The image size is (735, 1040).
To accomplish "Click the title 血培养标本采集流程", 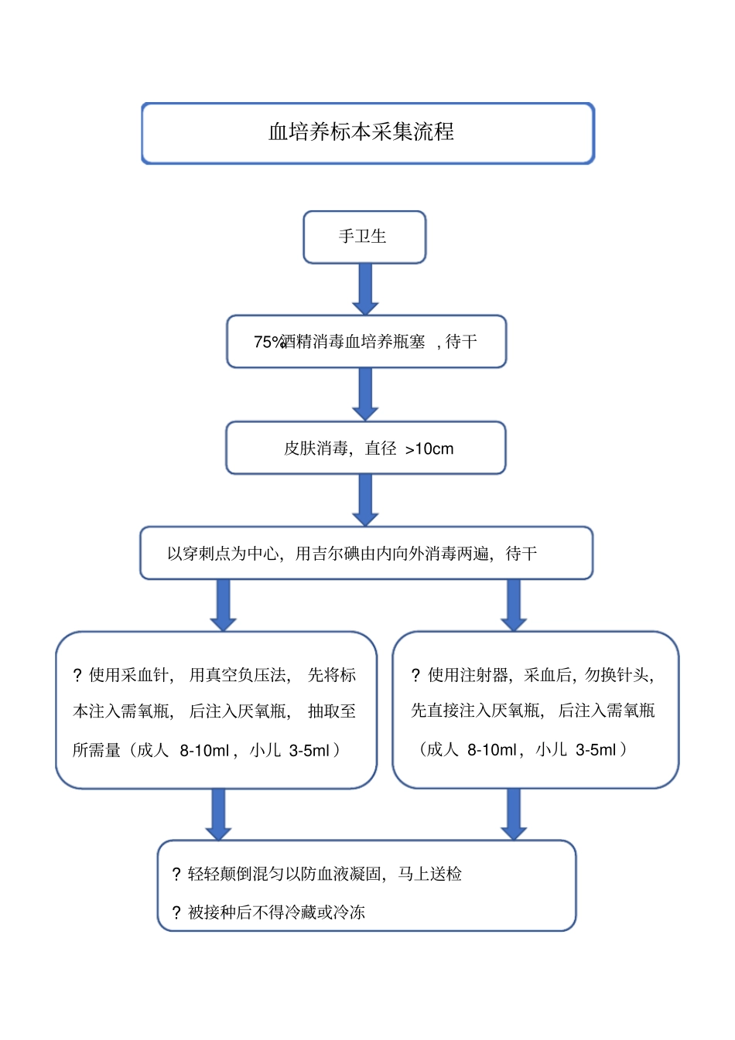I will pos(361,132).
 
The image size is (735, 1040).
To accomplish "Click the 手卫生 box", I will pos(364,237).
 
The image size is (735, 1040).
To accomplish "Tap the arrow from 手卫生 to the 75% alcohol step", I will pos(365,288).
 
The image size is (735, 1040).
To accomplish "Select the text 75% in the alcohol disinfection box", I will pos(268,342).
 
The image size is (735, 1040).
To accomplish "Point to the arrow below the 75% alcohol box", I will pos(365,394).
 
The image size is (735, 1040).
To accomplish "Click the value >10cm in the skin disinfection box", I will pos(429,448).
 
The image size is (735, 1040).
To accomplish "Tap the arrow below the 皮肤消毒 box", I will pos(365,500).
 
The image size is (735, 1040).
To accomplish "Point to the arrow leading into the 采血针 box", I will pos(223,605).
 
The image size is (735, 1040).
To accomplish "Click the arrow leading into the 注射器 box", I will pos(513,605).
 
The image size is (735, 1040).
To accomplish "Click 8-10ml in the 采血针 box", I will pos(204,750).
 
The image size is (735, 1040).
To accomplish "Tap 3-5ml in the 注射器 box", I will pos(597,749).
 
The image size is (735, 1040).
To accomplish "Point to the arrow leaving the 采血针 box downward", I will pos(218,814).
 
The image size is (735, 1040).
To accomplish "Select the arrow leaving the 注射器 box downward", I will pos(513,814).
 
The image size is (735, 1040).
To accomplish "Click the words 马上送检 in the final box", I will pos(429,874).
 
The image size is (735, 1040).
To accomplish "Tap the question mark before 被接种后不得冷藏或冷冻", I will pos(176,913).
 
